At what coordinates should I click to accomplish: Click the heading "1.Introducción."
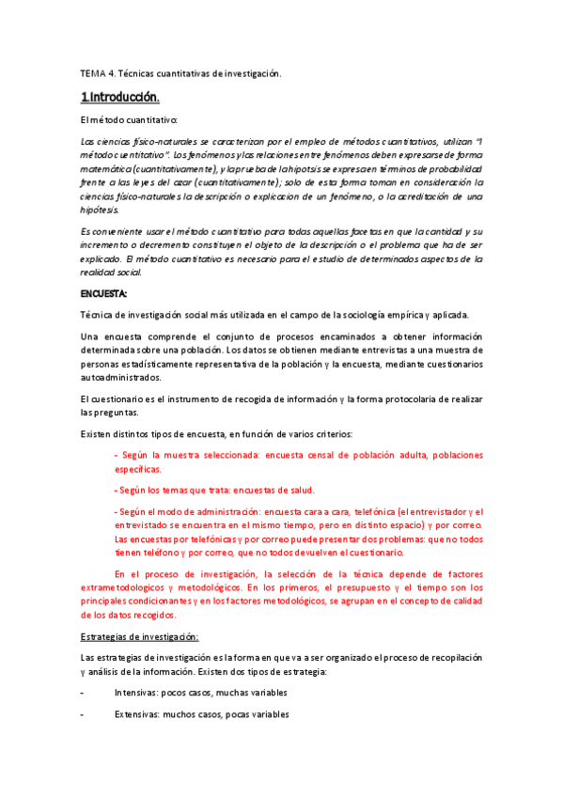click(x=119, y=97)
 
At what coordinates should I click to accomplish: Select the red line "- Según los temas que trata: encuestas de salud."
click(x=213, y=490)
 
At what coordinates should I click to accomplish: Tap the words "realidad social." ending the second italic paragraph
click(x=111, y=272)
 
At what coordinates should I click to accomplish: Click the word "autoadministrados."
click(x=121, y=378)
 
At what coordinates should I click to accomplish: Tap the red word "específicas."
click(x=138, y=468)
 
